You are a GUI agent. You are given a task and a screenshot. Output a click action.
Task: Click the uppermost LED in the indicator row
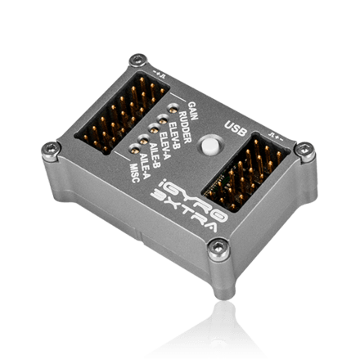[x=172, y=106]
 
